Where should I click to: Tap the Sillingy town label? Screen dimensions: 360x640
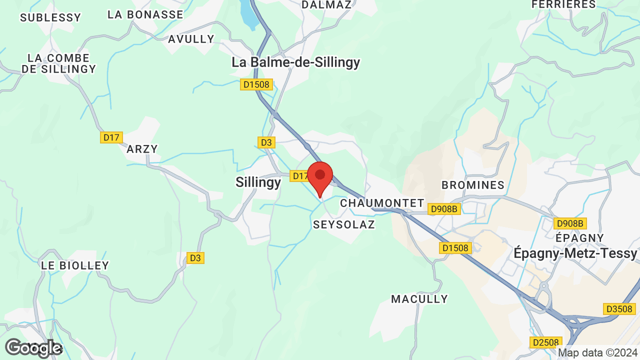pos(258,182)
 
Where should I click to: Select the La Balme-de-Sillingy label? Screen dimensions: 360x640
pos(295,62)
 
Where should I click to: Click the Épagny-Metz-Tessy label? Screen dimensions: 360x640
pos(575,253)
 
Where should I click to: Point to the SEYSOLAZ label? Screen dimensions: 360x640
pos(344,224)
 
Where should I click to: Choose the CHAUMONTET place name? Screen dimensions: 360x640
pos(382,203)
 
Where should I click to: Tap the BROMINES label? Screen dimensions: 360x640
pos(473,185)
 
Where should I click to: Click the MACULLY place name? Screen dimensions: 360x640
pos(419,299)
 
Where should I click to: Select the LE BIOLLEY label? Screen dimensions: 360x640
pos(75,265)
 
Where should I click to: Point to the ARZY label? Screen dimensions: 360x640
pos(142,149)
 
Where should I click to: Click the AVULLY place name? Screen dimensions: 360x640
pos(191,39)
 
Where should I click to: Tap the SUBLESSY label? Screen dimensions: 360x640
pos(50,17)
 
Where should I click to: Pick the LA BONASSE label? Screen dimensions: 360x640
pos(145,14)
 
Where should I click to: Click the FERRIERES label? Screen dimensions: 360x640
pos(563,4)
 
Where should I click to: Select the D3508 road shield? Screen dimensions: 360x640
pos(619,309)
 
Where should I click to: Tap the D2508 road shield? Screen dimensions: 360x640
pos(545,342)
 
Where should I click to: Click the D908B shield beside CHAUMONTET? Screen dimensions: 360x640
pos(444,209)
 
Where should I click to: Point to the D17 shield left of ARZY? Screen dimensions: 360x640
pos(111,137)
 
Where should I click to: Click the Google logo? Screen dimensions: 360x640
pos(33,348)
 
